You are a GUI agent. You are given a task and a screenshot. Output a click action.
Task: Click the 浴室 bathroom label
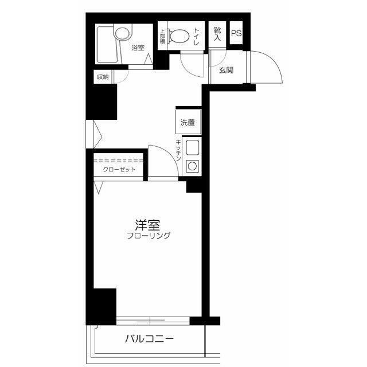[x=138, y=48]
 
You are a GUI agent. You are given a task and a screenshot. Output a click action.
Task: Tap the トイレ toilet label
[x=196, y=36]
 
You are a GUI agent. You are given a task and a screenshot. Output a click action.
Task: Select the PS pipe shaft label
[x=236, y=33]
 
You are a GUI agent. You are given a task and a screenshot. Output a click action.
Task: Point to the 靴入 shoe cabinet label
[x=217, y=34]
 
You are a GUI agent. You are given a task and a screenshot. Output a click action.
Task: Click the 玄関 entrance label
[x=226, y=70]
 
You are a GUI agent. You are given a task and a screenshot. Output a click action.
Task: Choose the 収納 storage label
[x=103, y=76]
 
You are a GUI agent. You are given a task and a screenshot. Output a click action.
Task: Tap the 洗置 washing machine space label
[x=188, y=122]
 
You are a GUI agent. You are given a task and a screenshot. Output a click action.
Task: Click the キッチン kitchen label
[x=178, y=150]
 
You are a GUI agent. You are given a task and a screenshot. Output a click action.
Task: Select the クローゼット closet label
[x=119, y=170]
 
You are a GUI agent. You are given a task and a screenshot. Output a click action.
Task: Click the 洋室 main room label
[x=147, y=225]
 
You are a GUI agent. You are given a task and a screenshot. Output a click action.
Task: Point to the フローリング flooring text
[x=149, y=236]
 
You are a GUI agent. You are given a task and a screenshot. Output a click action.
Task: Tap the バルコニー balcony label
[x=150, y=339]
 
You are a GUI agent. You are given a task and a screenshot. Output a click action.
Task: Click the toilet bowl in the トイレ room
[x=178, y=36]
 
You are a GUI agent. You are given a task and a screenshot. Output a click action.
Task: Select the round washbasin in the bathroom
[x=123, y=33]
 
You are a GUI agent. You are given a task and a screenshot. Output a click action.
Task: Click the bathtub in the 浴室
[x=107, y=45]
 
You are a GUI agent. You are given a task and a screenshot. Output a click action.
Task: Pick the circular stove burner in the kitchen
[x=193, y=166]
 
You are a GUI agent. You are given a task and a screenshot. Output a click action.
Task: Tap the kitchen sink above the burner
[x=193, y=147]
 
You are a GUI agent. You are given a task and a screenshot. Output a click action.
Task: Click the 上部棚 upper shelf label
[x=162, y=36]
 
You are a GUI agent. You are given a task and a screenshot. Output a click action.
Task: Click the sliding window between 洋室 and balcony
[x=153, y=321]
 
